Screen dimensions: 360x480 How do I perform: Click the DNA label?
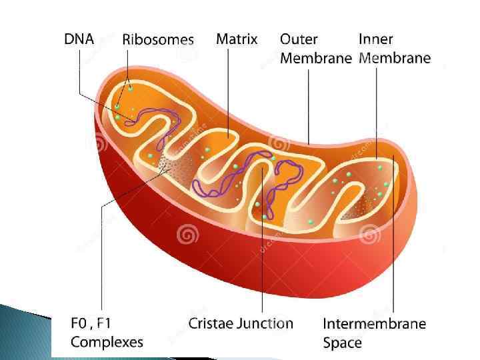[79, 39]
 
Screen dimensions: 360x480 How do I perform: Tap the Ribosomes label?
[158, 39]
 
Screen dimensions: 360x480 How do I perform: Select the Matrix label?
[237, 39]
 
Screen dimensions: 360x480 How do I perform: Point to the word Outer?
[299, 39]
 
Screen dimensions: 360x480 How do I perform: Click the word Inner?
[376, 39]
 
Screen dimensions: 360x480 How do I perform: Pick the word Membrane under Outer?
[315, 58]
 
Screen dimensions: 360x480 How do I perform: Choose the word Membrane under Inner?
[395, 58]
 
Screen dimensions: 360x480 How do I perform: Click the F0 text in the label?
[79, 324]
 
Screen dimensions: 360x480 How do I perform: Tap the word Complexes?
[107, 343]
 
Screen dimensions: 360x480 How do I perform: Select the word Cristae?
[211, 324]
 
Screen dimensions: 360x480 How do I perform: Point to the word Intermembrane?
[374, 324]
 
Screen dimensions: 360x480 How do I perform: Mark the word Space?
[343, 343]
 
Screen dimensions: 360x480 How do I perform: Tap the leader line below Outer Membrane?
[309, 100]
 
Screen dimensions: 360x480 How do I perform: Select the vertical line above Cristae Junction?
[263, 267]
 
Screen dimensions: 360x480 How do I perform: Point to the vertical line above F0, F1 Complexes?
[101, 267]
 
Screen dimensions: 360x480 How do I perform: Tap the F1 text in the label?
[103, 324]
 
